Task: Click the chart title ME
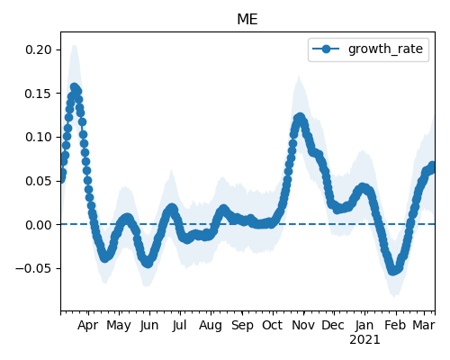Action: (247, 20)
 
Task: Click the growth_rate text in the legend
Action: (385, 49)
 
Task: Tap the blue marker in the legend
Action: (326, 49)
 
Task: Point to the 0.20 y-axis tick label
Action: (39, 49)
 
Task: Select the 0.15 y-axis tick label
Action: (39, 94)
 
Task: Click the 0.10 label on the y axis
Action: (39, 137)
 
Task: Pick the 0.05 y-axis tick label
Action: (39, 181)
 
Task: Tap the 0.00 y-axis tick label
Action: (39, 225)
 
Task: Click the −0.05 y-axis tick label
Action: (34, 268)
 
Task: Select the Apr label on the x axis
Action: (87, 325)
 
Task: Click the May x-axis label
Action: (119, 325)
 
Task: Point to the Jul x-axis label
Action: (179, 325)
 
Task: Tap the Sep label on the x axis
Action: (242, 325)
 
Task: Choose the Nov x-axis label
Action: (303, 325)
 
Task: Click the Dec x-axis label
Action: (333, 325)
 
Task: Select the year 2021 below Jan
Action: (364, 340)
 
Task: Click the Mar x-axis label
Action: (424, 325)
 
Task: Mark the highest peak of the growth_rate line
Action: (74, 87)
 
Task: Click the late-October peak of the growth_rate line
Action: (300, 117)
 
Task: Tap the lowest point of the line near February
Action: (393, 271)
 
